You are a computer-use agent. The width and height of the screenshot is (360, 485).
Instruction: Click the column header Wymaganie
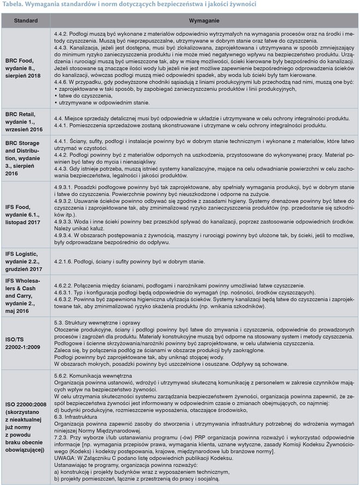click(x=205, y=20)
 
